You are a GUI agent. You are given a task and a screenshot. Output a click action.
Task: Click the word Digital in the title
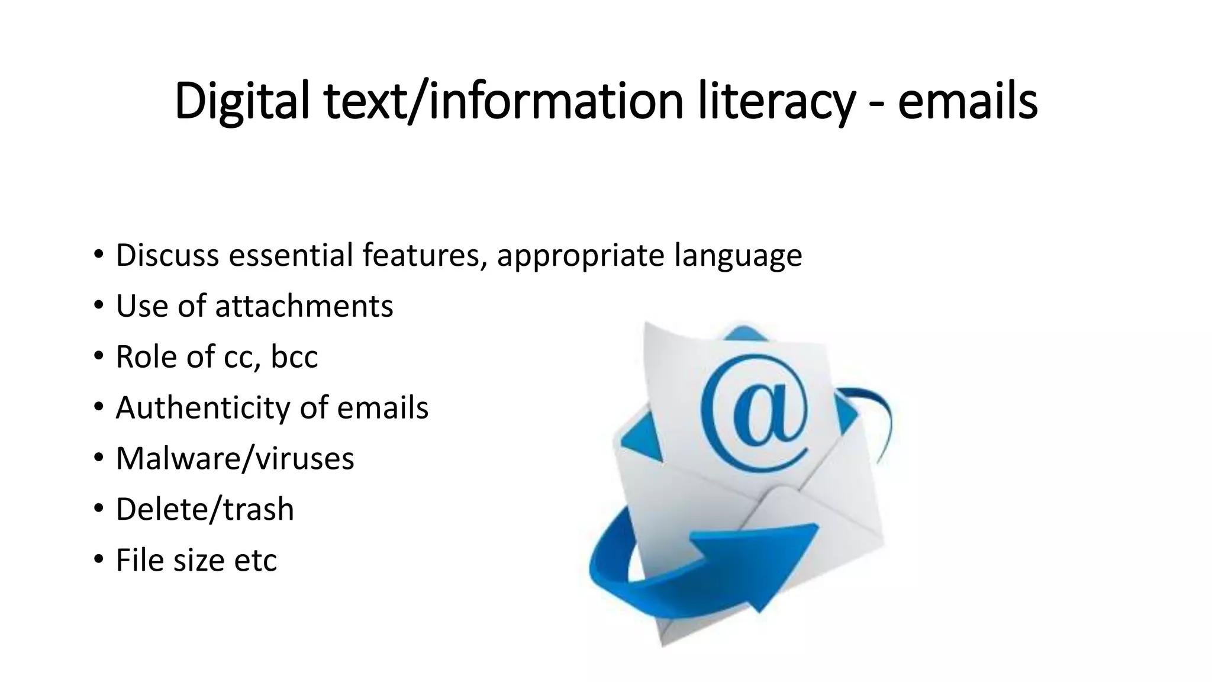[242, 102]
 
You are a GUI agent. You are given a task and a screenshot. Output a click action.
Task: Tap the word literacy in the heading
[776, 102]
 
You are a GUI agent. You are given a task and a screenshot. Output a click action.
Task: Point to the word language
[737, 256]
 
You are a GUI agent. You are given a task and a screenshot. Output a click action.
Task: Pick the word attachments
[304, 306]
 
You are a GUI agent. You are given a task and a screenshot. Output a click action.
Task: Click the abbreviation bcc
[294, 357]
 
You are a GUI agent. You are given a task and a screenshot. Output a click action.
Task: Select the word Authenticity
[203, 408]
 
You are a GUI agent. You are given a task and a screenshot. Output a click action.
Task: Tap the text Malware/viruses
[235, 458]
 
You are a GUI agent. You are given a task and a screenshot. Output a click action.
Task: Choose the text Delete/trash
[205, 509]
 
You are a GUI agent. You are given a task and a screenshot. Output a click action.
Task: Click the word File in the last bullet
[140, 560]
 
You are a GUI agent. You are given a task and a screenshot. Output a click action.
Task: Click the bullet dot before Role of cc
[98, 357]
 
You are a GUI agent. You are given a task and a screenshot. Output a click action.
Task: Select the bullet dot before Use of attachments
[98, 306]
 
